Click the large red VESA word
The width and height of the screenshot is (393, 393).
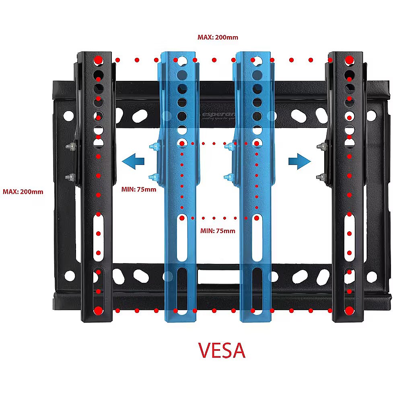[x=222, y=350]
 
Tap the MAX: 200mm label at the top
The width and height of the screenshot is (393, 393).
[x=218, y=37]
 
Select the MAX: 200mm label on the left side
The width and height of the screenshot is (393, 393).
[x=23, y=191]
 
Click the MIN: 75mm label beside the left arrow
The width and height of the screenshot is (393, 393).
[x=139, y=189]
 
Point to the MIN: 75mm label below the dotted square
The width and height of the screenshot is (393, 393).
[x=218, y=231]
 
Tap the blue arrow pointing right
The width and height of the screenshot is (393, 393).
[x=300, y=162]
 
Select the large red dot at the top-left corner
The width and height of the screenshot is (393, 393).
[x=98, y=60]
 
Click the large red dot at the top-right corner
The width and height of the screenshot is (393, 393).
[x=349, y=60]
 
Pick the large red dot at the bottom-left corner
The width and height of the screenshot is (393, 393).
[x=98, y=311]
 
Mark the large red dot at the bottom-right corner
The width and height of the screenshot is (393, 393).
[x=349, y=311]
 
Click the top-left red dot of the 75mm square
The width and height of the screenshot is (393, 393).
[x=182, y=143]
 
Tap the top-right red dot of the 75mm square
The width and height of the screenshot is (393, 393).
[x=256, y=143]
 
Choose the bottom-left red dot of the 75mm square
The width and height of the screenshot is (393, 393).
[x=182, y=218]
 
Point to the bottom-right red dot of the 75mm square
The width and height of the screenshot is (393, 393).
[x=256, y=218]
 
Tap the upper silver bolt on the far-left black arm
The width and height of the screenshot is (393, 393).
[x=72, y=146]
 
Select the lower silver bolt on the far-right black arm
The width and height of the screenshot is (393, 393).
[x=321, y=176]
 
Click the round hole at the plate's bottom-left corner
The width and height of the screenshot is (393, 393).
[x=70, y=276]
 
